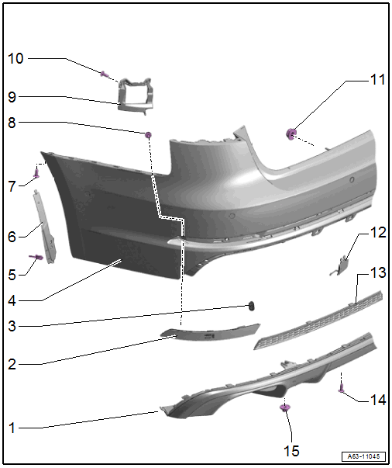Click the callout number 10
point(15,58)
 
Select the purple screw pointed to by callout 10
point(104,74)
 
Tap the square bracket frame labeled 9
point(134,95)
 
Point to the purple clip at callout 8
point(148,135)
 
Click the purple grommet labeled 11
point(291,134)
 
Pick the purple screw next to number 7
point(36,173)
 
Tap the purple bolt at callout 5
point(36,257)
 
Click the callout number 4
point(12,300)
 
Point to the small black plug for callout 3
point(252,306)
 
